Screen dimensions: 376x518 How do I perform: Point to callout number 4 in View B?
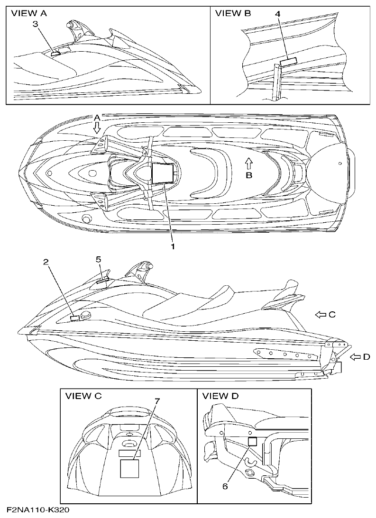coord(278,14)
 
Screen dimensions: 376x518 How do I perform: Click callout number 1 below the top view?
coord(173,246)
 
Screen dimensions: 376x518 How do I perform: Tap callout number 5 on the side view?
coord(98,259)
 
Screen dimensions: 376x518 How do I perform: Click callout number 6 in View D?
coord(226,486)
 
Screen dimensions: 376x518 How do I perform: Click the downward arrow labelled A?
coord(97,126)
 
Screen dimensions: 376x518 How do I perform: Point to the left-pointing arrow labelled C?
coord(322,314)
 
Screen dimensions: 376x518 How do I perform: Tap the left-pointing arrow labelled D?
coord(356,356)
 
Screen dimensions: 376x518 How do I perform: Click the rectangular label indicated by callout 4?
coord(288,61)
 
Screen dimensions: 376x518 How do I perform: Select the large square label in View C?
coord(129,469)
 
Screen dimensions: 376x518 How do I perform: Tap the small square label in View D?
coord(253,441)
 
